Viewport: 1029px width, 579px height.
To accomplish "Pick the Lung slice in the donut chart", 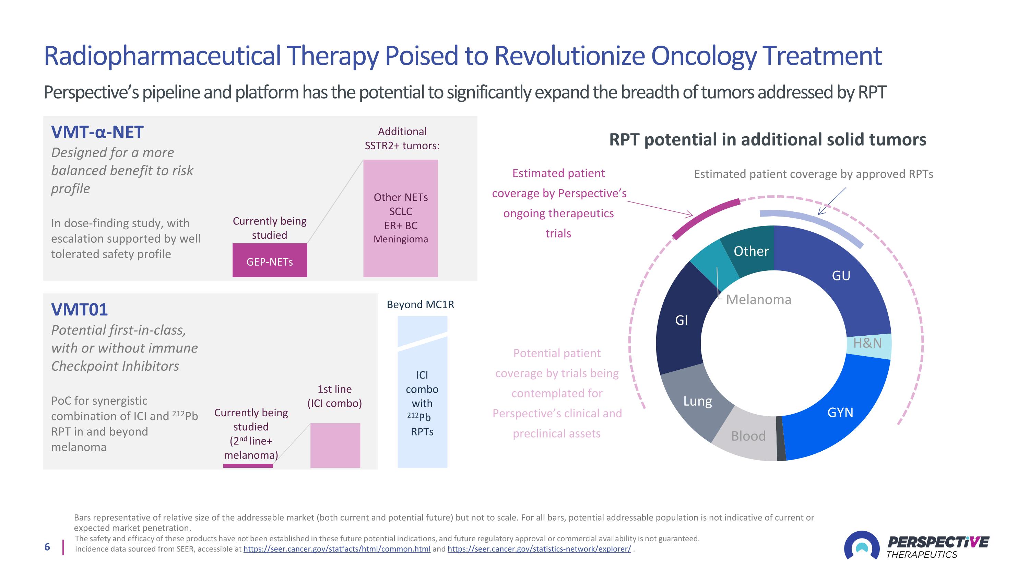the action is click(x=697, y=402).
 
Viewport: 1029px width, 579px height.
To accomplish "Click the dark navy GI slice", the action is click(x=681, y=320).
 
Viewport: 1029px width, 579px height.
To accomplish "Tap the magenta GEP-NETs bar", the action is click(x=270, y=260).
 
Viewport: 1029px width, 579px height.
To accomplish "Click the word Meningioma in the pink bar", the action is click(x=401, y=239).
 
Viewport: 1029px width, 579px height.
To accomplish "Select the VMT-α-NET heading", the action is click(x=97, y=132).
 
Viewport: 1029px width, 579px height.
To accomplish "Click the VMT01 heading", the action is click(x=80, y=310).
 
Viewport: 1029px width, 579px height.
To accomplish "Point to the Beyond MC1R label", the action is click(x=420, y=304).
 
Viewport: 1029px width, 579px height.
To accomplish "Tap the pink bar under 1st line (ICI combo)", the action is click(x=335, y=445).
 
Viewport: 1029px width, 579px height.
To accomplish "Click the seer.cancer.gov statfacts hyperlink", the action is click(x=337, y=549).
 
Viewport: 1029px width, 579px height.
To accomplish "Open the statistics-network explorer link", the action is click(x=539, y=549).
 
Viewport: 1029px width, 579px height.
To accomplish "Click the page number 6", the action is click(x=47, y=547).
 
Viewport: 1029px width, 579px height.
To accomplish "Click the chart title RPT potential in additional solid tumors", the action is click(x=767, y=140).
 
